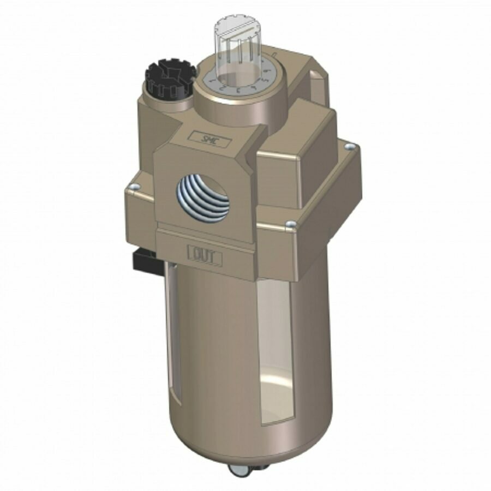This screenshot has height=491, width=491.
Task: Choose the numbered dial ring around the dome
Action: pyautogui.click(x=238, y=82)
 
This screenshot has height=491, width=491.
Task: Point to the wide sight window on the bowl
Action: pyautogui.click(x=278, y=349)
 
